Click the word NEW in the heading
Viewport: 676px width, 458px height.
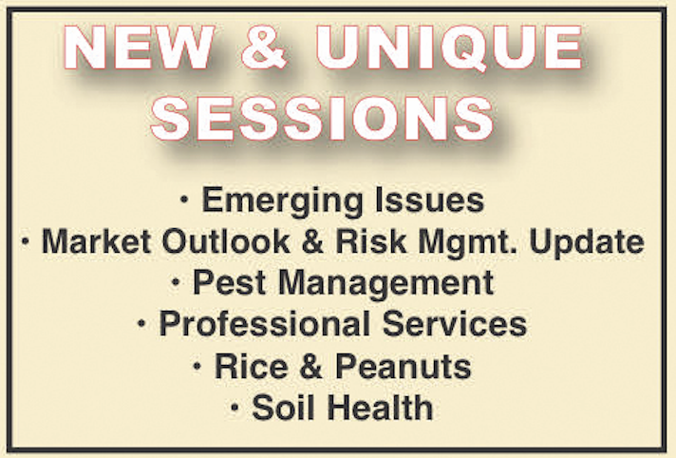click(139, 48)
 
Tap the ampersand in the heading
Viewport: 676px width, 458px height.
click(264, 48)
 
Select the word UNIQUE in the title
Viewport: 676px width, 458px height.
click(449, 48)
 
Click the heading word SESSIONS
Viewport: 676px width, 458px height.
click(322, 118)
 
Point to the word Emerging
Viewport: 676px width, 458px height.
click(283, 201)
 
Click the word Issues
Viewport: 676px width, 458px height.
click(430, 200)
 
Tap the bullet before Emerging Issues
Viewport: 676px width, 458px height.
click(184, 200)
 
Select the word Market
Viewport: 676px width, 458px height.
click(96, 240)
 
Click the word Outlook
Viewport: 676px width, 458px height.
click(226, 240)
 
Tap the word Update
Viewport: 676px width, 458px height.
click(587, 242)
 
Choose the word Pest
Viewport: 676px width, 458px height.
click(229, 283)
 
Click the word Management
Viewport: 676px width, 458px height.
click(385, 284)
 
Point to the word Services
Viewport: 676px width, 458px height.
click(455, 324)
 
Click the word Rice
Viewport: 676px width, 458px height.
click(252, 367)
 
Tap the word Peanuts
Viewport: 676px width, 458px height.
click(404, 367)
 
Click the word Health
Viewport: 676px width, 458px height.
click(380, 407)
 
